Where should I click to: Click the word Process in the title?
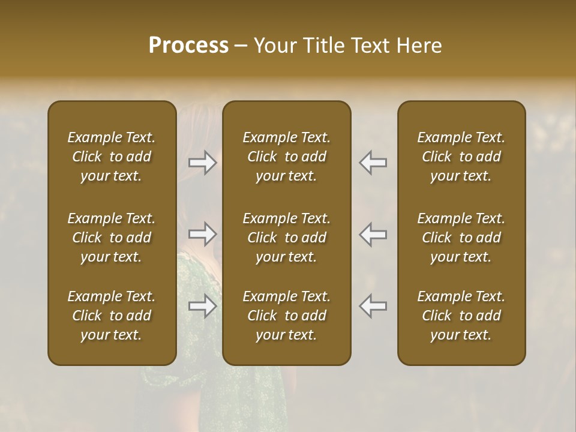188,46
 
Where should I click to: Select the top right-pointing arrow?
203,163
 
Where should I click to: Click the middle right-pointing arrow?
203,234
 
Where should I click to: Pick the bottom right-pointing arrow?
203,306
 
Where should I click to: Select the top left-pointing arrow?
373,163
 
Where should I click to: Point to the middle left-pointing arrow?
373,234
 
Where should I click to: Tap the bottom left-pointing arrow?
373,306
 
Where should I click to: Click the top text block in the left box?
112,157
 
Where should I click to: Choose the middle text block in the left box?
112,238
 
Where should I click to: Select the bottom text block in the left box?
112,316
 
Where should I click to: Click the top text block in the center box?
287,157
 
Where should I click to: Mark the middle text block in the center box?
287,238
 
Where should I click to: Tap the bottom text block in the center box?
287,316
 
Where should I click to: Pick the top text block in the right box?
461,157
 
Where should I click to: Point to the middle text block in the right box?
461,238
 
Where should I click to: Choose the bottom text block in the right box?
461,316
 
